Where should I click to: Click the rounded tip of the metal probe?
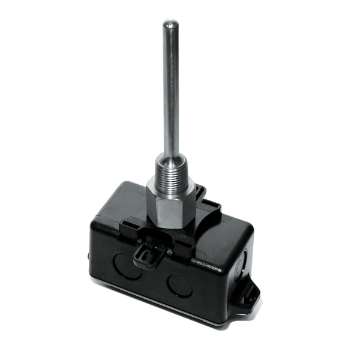(167, 24)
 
